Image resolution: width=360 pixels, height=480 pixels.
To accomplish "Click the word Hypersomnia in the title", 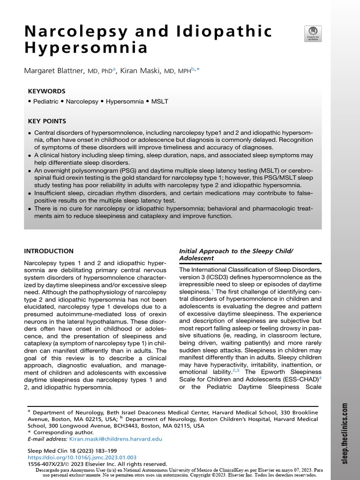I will point(86,48).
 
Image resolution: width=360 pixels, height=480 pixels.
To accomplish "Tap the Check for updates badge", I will point(310,34).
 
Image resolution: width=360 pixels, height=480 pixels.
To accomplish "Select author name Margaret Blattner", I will point(54,71).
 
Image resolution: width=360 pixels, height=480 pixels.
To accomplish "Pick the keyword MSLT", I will point(159,101).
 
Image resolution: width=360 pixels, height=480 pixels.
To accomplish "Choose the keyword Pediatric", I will point(45,101).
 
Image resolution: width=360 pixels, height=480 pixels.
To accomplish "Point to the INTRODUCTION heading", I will point(49,251).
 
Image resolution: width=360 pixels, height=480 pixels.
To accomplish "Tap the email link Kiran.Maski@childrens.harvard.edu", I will point(116,439).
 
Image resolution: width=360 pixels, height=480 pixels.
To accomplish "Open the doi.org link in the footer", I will point(82,457).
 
